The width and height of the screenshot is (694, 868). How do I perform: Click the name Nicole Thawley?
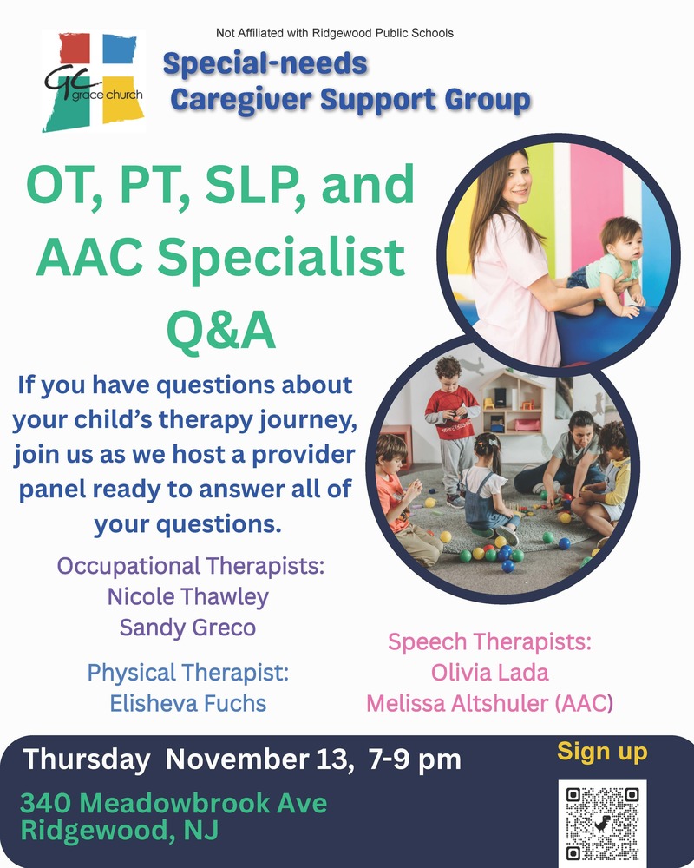click(x=188, y=597)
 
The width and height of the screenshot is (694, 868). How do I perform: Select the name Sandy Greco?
click(x=188, y=627)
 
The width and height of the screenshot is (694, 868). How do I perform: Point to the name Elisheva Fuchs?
click(x=188, y=703)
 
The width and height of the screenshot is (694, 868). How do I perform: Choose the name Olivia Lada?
click(x=489, y=673)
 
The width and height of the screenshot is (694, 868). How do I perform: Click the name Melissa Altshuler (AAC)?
click(x=489, y=702)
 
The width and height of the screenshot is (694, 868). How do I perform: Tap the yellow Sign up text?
click(x=602, y=752)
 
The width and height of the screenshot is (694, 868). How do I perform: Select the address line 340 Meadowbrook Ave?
click(x=174, y=803)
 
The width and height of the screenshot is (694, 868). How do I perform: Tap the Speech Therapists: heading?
click(x=489, y=643)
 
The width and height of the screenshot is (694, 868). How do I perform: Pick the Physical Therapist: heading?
click(x=187, y=673)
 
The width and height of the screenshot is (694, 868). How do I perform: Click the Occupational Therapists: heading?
click(x=191, y=567)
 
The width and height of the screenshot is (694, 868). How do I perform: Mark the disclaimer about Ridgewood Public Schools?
click(x=335, y=33)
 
